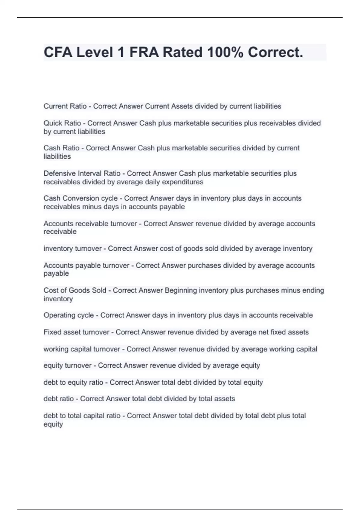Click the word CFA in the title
58,52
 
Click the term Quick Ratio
62,123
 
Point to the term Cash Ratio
61,148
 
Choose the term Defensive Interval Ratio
82,173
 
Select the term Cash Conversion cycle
80,198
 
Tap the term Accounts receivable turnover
90,224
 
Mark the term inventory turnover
73,249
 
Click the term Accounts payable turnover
86,265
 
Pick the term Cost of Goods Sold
75,290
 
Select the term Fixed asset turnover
76,332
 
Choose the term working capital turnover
82,349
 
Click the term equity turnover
67,366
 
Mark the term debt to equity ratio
73,382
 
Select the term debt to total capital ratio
82,416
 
